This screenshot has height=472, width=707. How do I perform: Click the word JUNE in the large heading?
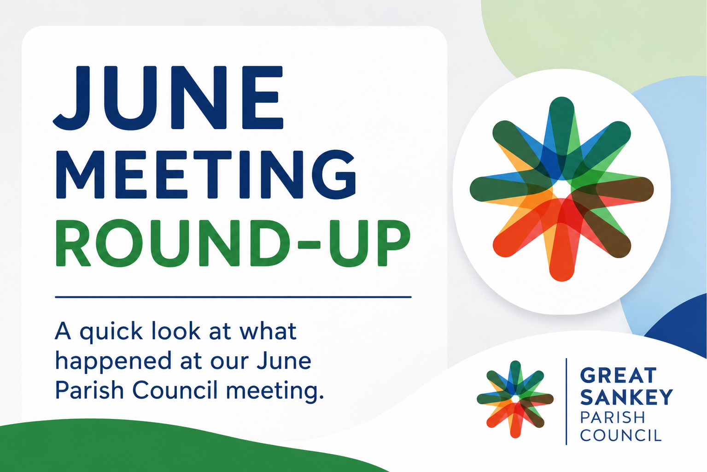tap(168, 98)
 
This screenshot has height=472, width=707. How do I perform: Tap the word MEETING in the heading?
tap(206, 174)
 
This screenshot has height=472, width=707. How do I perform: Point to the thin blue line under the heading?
tap(233, 297)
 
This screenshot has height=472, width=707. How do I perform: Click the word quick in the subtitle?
tap(111, 332)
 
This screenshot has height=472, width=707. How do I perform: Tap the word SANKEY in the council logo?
tap(626, 397)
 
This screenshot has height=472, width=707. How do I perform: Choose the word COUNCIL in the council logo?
tap(620, 435)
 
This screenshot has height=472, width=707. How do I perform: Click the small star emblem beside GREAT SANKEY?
tap(515, 399)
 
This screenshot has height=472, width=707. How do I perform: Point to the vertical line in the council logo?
tap(567, 401)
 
